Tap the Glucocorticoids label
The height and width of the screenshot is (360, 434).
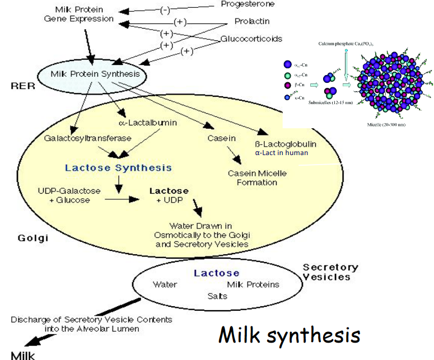(x=251, y=39)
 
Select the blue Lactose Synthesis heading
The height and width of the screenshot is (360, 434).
(x=118, y=167)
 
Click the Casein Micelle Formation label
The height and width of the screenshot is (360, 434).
(x=257, y=177)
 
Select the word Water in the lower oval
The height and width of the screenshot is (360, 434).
(x=165, y=284)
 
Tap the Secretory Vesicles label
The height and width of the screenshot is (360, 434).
(x=330, y=272)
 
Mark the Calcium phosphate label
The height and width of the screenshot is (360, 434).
(x=346, y=43)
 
